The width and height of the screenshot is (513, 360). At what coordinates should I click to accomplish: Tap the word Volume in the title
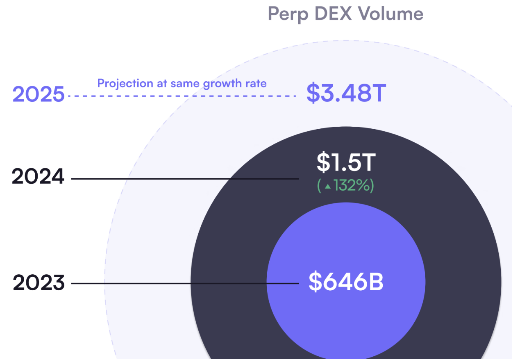tap(390, 14)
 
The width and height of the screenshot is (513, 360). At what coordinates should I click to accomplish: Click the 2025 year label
tap(39, 95)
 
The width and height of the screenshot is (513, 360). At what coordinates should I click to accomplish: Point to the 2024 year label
tap(38, 177)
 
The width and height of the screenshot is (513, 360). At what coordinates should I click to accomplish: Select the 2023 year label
tap(39, 283)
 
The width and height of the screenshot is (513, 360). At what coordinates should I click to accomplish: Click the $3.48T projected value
tap(346, 93)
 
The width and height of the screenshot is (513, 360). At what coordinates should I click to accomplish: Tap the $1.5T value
tap(346, 162)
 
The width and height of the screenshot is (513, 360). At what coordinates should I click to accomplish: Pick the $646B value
tap(346, 282)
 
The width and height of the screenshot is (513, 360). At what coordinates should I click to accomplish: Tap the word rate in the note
tap(256, 84)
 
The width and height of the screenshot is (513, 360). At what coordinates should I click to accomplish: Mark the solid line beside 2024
tap(184, 179)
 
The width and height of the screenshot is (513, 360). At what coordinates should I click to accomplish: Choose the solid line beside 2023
tap(184, 283)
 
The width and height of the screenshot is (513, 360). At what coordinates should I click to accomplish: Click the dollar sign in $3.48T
tap(313, 93)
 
